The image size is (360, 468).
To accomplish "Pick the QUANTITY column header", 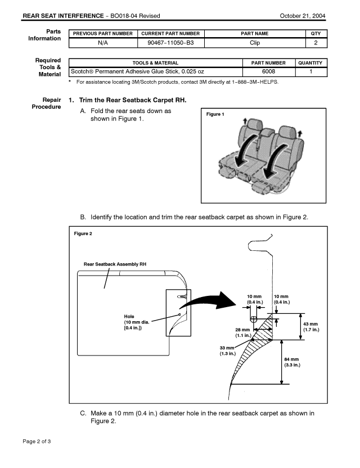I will tap(311, 63).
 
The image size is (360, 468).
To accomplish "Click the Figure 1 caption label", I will tap(215, 114).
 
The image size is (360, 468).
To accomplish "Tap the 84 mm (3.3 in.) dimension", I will tap(291, 362).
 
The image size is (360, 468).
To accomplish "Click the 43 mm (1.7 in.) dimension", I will tap(311, 327).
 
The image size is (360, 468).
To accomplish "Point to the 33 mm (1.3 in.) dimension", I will tap(228, 350).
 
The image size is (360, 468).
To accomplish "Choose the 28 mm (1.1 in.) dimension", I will tap(243, 332).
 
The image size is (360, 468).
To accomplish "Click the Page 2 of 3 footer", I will tap(37, 441).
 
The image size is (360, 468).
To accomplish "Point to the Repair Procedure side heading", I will tap(48, 103).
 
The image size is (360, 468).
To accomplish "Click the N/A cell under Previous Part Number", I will tap(103, 42).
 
